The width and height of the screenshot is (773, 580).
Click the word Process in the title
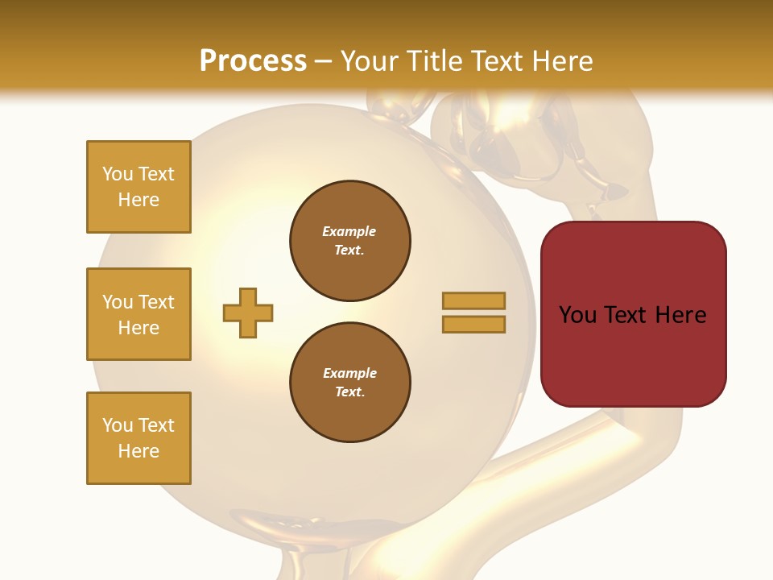point(253,61)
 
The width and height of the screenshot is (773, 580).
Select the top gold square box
point(138,187)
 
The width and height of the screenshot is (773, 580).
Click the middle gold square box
point(138,314)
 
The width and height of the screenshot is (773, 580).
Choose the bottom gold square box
point(138,438)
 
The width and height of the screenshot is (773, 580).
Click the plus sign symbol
point(248,313)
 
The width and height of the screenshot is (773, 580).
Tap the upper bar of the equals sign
point(473,300)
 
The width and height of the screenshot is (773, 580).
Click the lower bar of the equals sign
point(473,325)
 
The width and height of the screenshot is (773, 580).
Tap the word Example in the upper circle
point(349,232)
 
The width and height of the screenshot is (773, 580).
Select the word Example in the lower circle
point(349,374)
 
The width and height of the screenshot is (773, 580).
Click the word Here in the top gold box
point(138,200)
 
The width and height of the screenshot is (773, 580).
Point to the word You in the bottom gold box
point(117,425)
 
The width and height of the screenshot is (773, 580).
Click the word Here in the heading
point(560,61)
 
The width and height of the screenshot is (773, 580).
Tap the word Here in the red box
point(681,315)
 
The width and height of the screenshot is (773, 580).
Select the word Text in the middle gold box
point(156,302)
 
